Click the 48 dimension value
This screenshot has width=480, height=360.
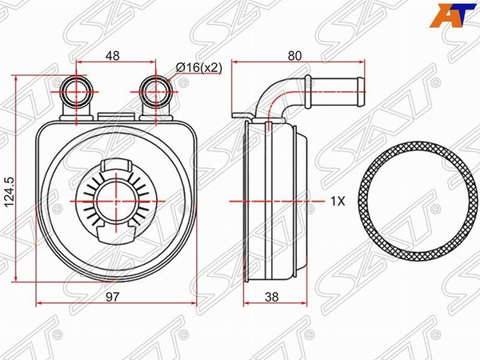coord(112,55)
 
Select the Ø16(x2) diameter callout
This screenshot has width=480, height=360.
coord(199,67)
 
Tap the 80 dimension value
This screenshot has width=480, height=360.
coord(294,55)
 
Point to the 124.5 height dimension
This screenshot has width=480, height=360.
coord(10,193)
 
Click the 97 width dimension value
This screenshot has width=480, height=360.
coord(112,297)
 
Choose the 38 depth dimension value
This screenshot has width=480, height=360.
coord(272,297)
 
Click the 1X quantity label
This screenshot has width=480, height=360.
coord(338,201)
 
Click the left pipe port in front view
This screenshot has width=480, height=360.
coord(77,91)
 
